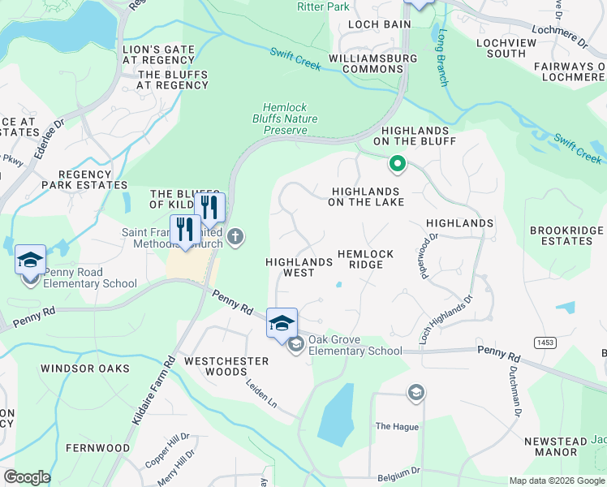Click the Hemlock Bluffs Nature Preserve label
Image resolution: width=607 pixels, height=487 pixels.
click(290, 119)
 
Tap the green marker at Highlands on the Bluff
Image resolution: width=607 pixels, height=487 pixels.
click(397, 165)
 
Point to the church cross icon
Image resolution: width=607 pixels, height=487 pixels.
click(235, 237)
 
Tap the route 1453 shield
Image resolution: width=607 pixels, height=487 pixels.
click(545, 343)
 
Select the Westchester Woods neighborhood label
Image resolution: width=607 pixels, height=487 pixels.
click(215, 366)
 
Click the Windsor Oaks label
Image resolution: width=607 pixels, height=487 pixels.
click(85, 368)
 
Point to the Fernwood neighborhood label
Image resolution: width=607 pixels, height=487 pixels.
click(97, 448)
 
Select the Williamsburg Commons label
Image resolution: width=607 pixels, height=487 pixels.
click(373, 63)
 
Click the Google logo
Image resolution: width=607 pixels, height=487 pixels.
click(27, 477)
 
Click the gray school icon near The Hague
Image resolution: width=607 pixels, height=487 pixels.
click(416, 394)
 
